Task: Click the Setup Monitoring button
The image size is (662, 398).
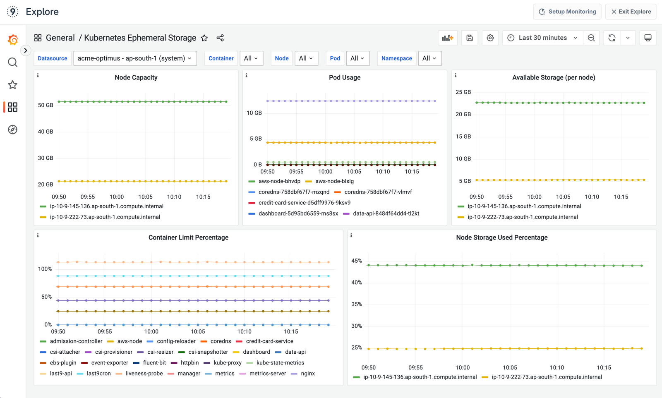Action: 567,12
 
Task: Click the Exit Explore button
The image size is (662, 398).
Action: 631,12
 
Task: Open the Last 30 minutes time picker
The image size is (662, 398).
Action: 543,38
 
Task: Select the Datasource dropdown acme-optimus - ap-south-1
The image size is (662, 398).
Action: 134,58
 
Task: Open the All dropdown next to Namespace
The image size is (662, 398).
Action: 429,58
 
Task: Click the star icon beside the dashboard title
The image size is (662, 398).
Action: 204,38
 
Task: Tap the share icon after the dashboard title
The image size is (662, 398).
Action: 220,38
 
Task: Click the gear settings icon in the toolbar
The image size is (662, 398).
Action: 490,38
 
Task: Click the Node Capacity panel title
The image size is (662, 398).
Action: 136,77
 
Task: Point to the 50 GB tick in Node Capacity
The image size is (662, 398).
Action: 46,105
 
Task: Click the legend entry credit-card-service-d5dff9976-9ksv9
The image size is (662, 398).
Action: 304,203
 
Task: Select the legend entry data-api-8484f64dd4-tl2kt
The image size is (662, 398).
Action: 386,213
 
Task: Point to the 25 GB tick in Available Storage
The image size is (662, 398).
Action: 463,92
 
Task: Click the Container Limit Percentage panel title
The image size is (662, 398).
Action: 188,237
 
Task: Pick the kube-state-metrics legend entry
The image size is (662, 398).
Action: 280,363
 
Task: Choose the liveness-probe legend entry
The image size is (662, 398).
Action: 144,374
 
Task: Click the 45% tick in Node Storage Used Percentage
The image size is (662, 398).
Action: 357,261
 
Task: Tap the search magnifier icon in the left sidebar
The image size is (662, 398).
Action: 12,62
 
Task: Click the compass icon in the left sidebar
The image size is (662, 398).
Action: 12,129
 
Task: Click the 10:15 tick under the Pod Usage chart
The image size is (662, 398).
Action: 412,172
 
